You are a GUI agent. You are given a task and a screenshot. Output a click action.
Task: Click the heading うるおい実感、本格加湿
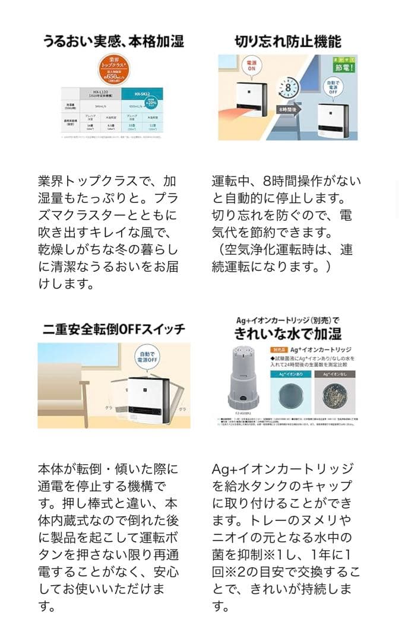[x=113, y=41]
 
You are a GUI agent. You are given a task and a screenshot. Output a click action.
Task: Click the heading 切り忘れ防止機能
[x=288, y=41]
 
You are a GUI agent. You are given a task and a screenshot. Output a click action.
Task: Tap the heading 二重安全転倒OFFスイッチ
[x=113, y=328]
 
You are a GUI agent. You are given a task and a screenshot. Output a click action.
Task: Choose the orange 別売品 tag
[x=280, y=350]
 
